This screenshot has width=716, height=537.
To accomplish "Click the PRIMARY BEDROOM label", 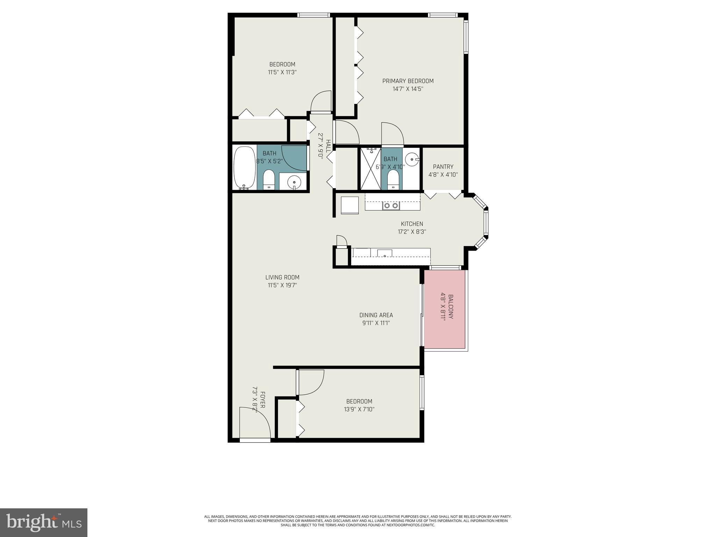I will pyautogui.click(x=408, y=81).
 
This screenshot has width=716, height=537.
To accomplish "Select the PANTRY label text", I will pyautogui.click(x=443, y=167).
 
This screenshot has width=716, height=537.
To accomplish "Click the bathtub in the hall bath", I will pyautogui.click(x=244, y=168).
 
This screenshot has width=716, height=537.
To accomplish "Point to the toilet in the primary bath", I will pyautogui.click(x=393, y=180).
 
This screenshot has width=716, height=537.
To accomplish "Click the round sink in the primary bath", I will pyautogui.click(x=413, y=159).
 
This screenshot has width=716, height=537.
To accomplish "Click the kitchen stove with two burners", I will pyautogui.click(x=391, y=206).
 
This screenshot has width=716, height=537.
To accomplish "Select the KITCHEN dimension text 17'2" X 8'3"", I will pyautogui.click(x=412, y=231).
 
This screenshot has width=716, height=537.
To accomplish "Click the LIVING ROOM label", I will pyautogui.click(x=282, y=277).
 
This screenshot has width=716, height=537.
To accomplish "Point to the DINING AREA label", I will pyautogui.click(x=376, y=315).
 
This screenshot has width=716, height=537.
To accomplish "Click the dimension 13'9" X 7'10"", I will pyautogui.click(x=359, y=409).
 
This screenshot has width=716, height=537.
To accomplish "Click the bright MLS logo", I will pyautogui.click(x=43, y=522).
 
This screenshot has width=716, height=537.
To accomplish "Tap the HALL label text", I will pyautogui.click(x=328, y=146).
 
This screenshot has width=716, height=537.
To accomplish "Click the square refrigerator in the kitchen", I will pyautogui.click(x=350, y=205).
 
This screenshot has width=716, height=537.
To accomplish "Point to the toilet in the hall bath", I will pyautogui.click(x=268, y=179).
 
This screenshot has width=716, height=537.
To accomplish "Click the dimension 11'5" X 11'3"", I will pyautogui.click(x=282, y=72).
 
